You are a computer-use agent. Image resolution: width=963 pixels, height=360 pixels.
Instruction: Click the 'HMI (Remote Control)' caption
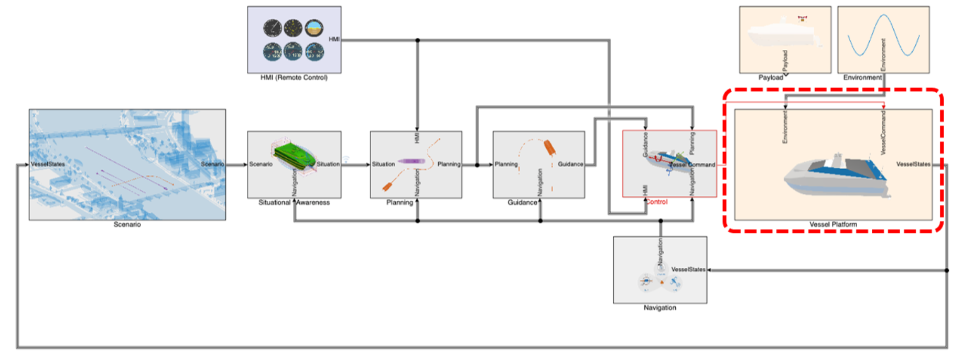(x=294, y=78)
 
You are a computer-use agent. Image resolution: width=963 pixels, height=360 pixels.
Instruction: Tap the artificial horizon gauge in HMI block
(x=314, y=28)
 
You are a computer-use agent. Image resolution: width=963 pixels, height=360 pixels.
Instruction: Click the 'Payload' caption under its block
(x=770, y=78)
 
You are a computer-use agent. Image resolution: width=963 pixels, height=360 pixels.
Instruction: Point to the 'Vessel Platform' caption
(x=833, y=224)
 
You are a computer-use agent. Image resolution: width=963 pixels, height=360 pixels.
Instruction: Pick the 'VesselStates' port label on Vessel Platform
(x=913, y=164)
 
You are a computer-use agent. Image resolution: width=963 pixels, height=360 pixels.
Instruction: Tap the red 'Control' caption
(x=656, y=202)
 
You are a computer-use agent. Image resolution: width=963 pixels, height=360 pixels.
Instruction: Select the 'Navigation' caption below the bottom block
(x=659, y=308)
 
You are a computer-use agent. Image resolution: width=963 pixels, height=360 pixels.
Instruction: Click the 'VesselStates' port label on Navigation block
(x=688, y=269)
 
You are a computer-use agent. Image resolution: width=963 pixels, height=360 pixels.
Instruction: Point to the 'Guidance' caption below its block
(x=522, y=202)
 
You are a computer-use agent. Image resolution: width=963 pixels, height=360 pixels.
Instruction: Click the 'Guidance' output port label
(x=570, y=164)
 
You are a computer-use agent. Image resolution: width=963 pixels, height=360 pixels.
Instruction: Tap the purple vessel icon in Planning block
(x=411, y=161)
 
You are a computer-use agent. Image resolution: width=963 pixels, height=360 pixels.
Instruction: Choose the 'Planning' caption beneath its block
(x=399, y=202)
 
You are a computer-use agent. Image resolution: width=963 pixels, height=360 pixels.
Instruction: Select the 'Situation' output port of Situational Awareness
(x=328, y=164)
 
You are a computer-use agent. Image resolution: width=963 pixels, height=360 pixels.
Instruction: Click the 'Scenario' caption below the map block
(x=127, y=224)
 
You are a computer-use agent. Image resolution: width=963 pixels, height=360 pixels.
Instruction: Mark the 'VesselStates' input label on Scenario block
(x=48, y=164)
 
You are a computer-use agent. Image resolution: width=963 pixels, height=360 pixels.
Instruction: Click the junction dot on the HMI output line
(x=417, y=40)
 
